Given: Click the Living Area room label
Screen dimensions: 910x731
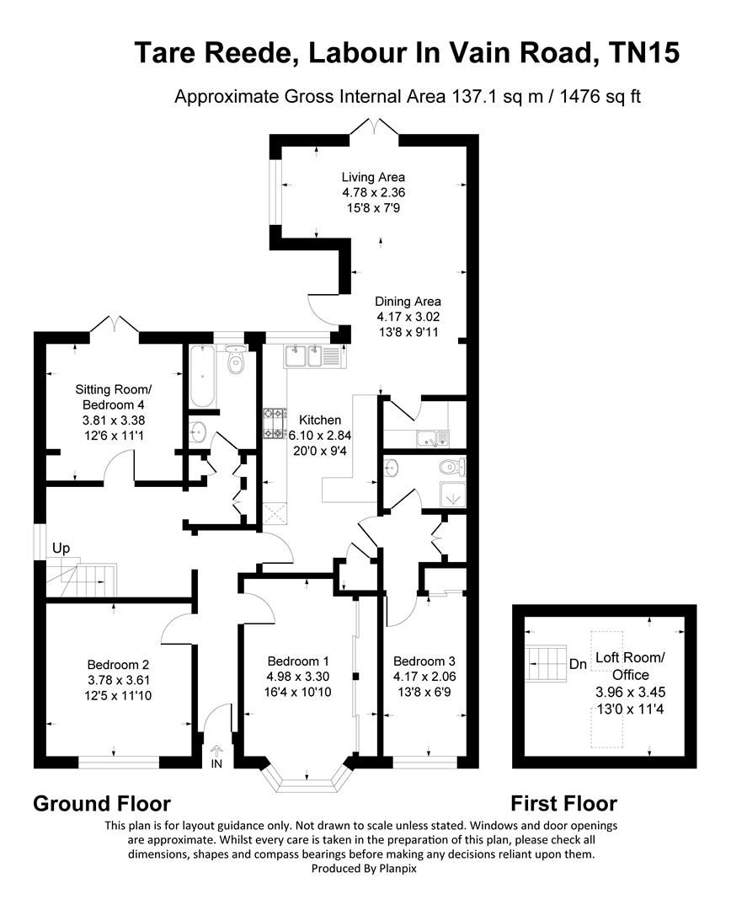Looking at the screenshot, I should [373, 177].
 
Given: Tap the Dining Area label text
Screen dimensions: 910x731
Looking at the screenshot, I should [408, 301].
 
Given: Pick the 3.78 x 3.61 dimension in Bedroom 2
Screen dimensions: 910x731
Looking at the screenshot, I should [119, 679].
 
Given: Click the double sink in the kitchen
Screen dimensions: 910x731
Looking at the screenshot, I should [303, 356].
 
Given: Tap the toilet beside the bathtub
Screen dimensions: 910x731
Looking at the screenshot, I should [237, 361].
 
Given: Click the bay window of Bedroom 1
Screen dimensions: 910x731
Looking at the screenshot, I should [307, 779].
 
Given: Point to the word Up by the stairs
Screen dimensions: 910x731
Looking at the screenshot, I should [61, 549].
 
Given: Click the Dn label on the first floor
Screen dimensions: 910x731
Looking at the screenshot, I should [578, 664].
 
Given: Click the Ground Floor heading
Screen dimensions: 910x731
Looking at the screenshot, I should [102, 803].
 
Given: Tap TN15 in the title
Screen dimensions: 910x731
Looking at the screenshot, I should [643, 53].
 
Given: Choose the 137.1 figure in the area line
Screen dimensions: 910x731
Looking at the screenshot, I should [464, 96].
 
